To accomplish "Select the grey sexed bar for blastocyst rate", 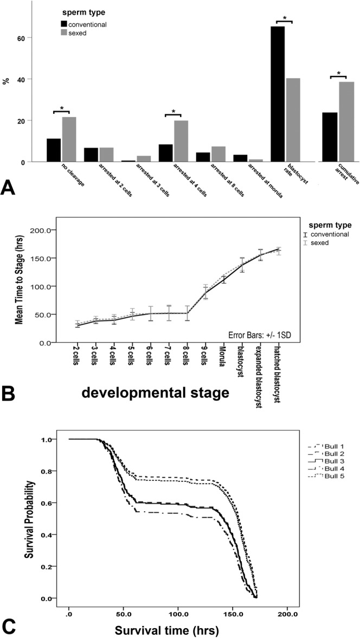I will (293, 120).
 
